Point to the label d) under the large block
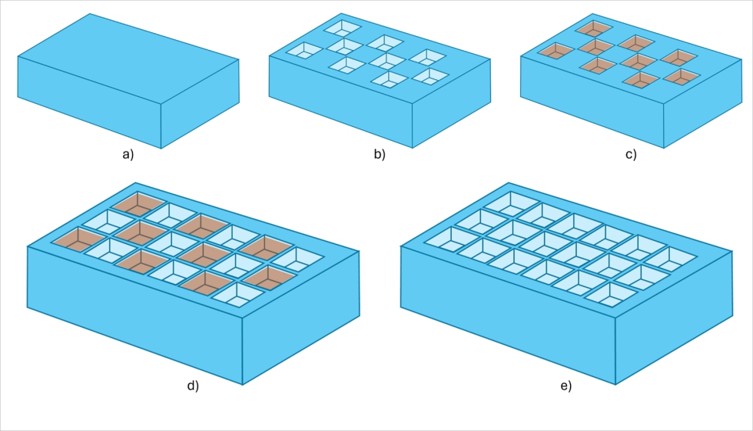pyautogui.click(x=193, y=386)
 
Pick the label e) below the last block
pyautogui.click(x=566, y=386)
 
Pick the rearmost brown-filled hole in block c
pyautogui.click(x=593, y=28)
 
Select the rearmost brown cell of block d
pyautogui.click(x=139, y=203)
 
